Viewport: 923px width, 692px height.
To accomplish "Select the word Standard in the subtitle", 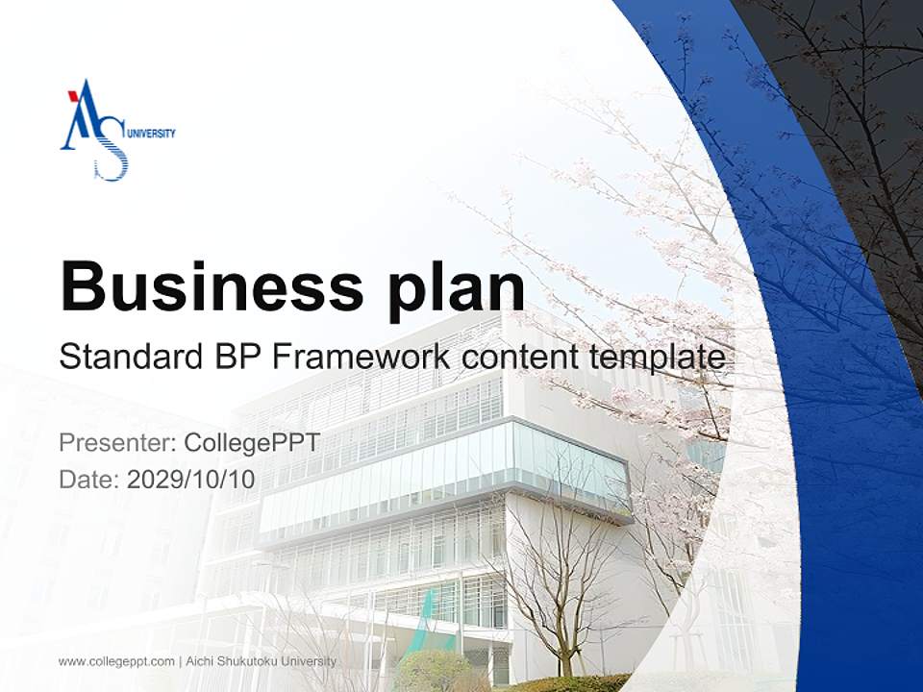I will [128, 357].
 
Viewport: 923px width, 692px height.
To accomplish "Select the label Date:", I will [89, 479].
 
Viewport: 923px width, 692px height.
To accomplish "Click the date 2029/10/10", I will [191, 479].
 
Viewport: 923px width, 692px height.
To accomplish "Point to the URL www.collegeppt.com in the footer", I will [116, 661].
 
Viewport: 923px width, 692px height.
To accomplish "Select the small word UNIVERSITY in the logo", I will [152, 135].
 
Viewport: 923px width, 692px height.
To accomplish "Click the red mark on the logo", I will [73, 96].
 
